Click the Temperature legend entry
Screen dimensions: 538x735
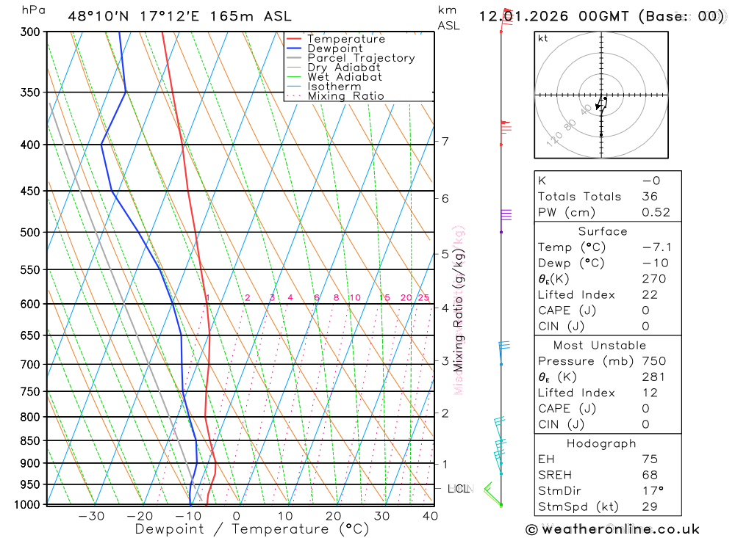pyautogui.click(x=345, y=39)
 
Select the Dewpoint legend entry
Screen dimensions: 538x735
pyautogui.click(x=334, y=48)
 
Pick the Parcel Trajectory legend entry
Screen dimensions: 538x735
pyautogui.click(x=361, y=58)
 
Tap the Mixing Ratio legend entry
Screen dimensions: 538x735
pyautogui.click(x=345, y=96)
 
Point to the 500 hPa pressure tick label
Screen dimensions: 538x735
pyautogui.click(x=29, y=233)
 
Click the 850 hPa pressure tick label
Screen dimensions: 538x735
pyautogui.click(x=29, y=441)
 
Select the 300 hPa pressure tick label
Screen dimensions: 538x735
pyautogui.click(x=29, y=32)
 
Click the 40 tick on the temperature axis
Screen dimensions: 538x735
pyautogui.click(x=430, y=516)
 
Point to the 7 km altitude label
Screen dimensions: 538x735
pyautogui.click(x=445, y=141)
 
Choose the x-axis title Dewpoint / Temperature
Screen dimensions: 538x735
pyautogui.click(x=252, y=528)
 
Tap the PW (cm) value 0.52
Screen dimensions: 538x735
pyautogui.click(x=656, y=212)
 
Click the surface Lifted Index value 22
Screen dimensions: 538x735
pyautogui.click(x=649, y=294)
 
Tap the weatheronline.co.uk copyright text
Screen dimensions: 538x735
pyautogui.click(x=612, y=529)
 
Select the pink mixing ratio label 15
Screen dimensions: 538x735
pyautogui.click(x=384, y=297)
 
